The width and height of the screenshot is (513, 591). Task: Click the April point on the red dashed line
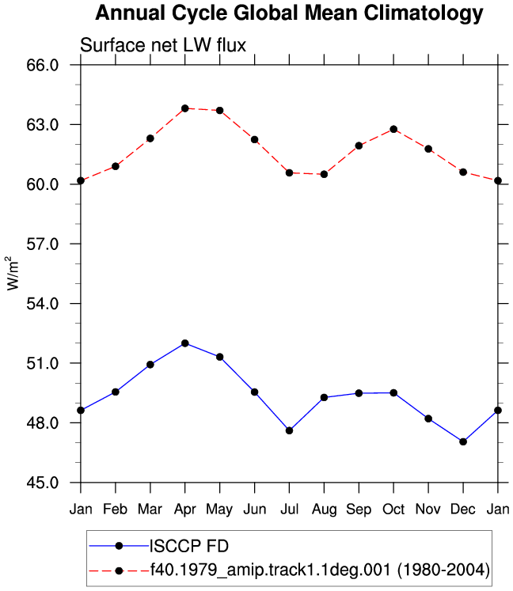(184, 108)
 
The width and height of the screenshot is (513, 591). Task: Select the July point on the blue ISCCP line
(289, 430)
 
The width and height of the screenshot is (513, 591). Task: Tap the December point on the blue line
(463, 441)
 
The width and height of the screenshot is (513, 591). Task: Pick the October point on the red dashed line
(393, 129)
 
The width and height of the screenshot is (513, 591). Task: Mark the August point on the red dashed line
(324, 174)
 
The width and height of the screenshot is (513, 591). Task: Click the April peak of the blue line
(184, 343)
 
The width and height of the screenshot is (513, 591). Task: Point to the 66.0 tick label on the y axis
(43, 65)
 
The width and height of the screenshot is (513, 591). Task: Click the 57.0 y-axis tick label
(43, 244)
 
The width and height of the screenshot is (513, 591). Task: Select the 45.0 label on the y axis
(43, 483)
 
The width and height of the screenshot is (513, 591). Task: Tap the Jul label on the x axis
(289, 510)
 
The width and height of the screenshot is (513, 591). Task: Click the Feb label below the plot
(115, 510)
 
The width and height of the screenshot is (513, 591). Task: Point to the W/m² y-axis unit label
(12, 273)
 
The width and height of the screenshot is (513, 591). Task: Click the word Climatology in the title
(424, 13)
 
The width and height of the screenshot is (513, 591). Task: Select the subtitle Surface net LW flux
(163, 45)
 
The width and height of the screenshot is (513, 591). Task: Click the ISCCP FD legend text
(189, 546)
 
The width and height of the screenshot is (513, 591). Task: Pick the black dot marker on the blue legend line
(120, 546)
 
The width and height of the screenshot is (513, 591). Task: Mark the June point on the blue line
(255, 392)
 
